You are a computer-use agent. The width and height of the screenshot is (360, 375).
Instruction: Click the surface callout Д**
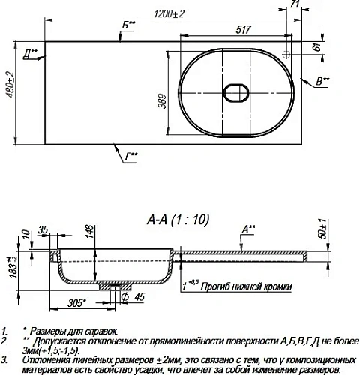click(x=31, y=52)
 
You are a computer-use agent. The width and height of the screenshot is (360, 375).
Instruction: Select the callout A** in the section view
click(x=247, y=228)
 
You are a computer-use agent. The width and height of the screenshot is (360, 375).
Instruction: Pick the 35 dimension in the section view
click(x=43, y=229)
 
